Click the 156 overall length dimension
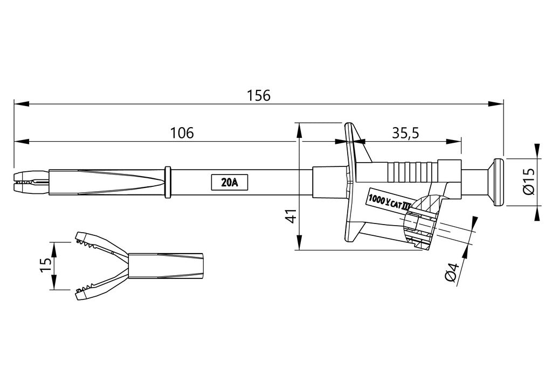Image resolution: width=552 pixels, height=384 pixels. point(258,95)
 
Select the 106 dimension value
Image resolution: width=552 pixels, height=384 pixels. point(182,133)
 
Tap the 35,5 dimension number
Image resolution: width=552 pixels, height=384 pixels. point(405,133)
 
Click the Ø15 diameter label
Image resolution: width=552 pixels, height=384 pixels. point(528,182)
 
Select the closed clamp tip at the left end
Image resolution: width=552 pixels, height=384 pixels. point(30,182)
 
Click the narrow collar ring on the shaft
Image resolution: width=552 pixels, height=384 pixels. point(168,182)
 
